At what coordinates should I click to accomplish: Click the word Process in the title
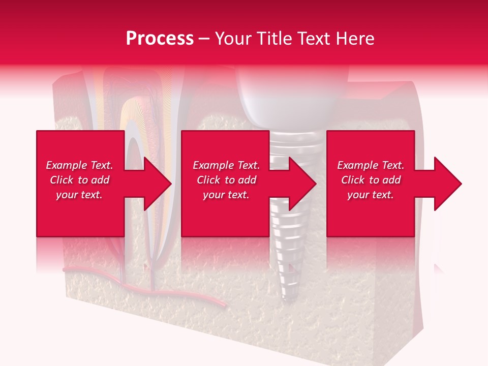pos(160,39)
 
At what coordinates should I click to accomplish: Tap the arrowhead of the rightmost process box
pos(447,184)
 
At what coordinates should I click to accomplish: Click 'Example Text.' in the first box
pos(79,165)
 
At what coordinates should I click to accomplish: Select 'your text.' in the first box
pos(79,195)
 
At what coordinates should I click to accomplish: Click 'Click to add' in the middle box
pos(226,180)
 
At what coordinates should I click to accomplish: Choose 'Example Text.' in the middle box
pos(226,165)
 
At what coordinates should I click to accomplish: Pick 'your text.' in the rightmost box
pos(371,195)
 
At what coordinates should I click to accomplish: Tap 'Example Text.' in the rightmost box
pos(371,165)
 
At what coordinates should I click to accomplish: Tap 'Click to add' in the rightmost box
pos(371,180)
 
